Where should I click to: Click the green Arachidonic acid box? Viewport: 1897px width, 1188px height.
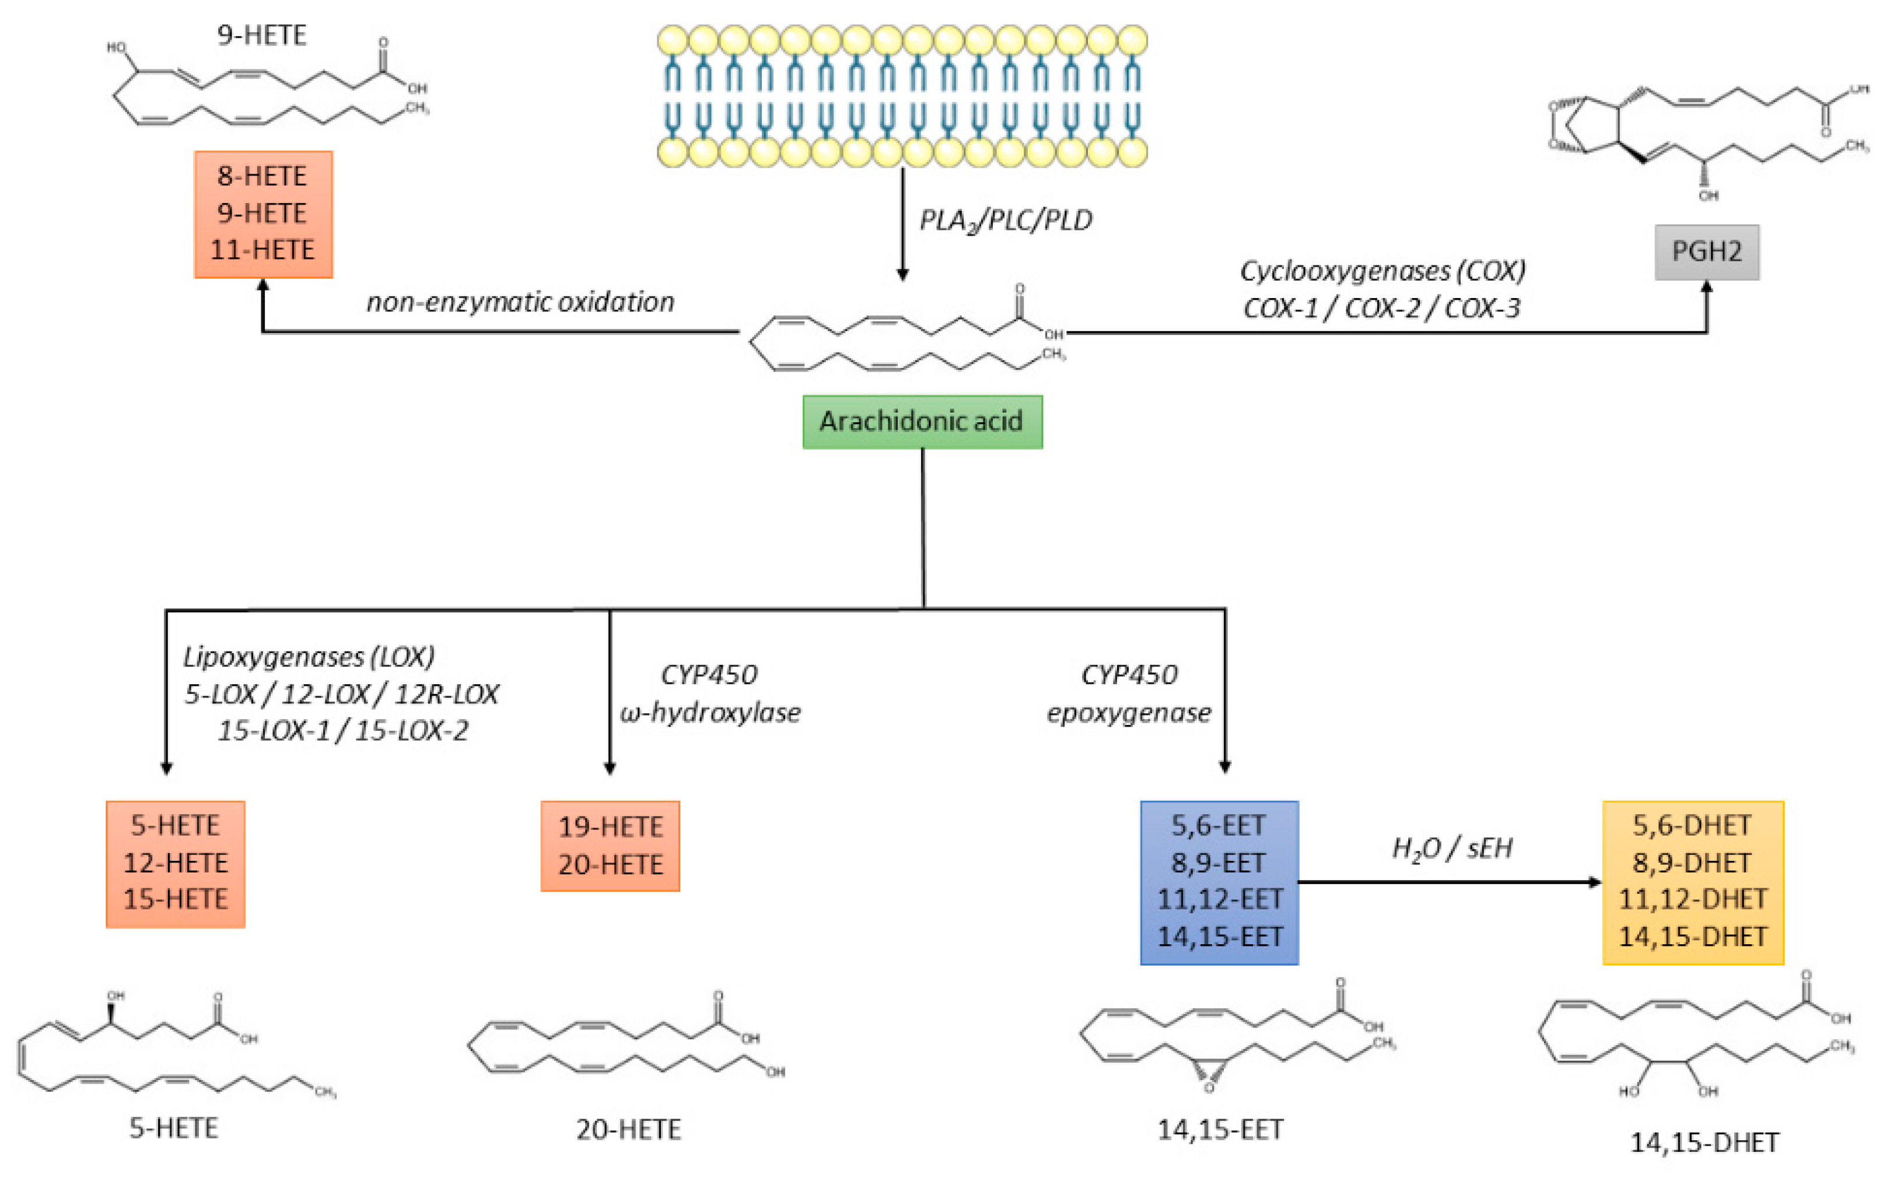point(922,422)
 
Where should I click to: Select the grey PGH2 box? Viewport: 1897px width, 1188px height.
point(1706,251)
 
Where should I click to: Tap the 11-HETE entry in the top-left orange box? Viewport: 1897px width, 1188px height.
point(262,250)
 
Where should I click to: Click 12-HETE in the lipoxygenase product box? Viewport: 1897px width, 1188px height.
point(175,863)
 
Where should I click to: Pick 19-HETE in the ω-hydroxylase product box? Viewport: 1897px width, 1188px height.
point(611,826)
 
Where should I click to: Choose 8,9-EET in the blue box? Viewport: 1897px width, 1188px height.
point(1218,863)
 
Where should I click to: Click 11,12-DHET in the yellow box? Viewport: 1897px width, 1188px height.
point(1693,899)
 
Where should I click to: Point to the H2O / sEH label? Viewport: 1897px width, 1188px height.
point(1451,849)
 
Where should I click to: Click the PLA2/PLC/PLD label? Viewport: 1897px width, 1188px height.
point(1005,221)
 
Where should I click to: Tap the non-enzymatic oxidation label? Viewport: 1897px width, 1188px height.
point(520,302)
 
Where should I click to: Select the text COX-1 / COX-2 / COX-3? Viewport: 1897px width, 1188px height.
point(1381,308)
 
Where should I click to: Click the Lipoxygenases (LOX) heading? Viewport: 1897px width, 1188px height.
point(309,657)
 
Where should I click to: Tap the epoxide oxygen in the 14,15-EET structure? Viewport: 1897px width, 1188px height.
point(1209,1088)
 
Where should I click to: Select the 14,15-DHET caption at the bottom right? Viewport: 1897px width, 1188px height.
point(1704,1143)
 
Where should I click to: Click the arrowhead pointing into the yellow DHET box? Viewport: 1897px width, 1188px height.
point(1595,882)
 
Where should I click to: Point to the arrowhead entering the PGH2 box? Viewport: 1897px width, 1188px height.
point(1706,288)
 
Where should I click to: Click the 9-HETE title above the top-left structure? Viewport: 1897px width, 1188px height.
point(262,36)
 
